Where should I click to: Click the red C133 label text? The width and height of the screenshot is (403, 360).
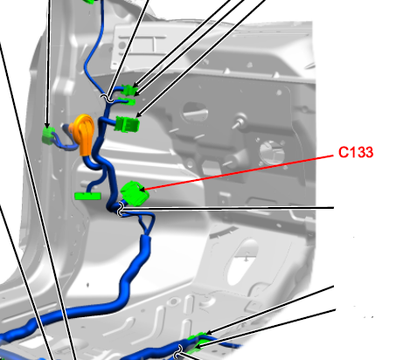tap(356, 152)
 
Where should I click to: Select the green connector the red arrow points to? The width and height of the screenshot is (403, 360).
tap(135, 194)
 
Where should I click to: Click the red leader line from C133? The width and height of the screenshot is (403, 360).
tap(240, 173)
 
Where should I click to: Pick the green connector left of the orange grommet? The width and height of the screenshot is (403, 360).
tap(48, 136)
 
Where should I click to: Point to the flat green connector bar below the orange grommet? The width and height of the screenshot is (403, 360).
tap(87, 196)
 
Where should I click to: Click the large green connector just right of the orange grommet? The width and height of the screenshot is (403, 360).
tap(128, 124)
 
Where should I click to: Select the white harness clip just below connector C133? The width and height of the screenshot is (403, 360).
tap(121, 209)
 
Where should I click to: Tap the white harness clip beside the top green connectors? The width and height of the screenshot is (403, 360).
tap(107, 98)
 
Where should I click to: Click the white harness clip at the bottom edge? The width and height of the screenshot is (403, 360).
tap(178, 352)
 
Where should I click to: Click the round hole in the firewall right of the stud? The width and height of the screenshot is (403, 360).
tap(272, 151)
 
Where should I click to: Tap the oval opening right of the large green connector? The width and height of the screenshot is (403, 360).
tap(195, 112)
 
